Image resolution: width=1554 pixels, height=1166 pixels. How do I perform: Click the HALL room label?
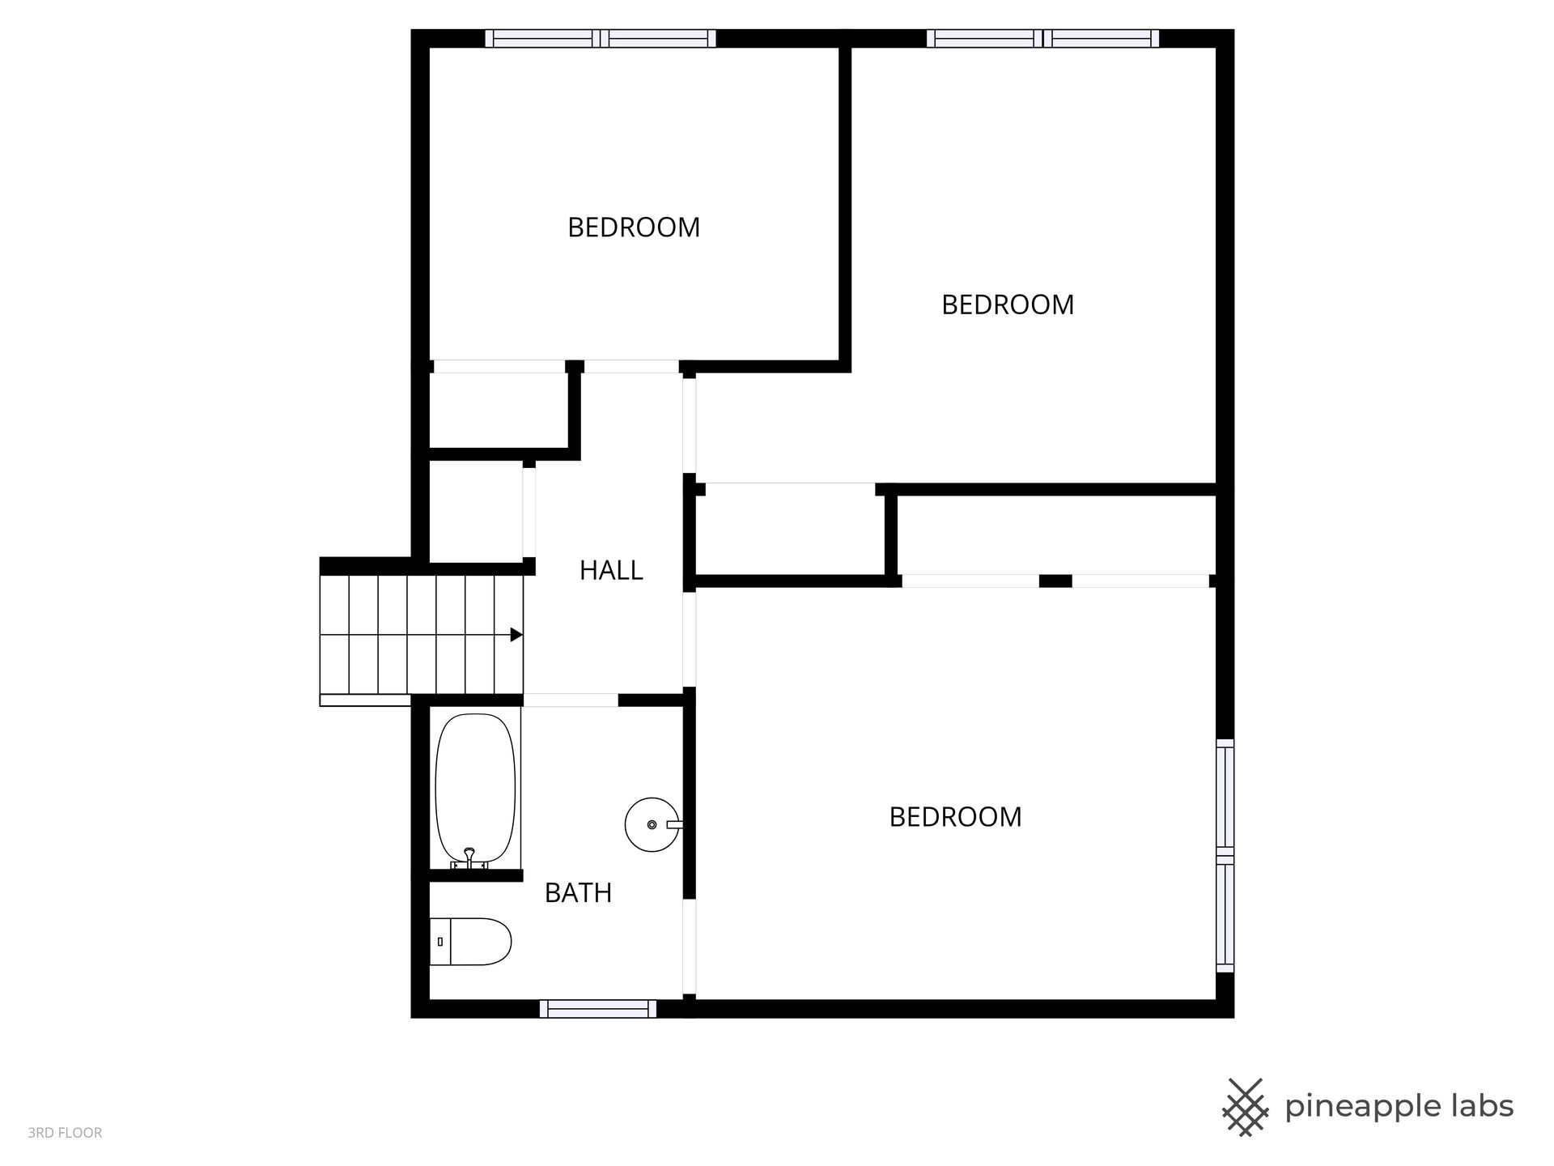611,571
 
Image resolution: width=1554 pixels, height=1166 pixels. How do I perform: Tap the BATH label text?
578,893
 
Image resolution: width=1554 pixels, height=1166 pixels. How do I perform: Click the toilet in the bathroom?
470,942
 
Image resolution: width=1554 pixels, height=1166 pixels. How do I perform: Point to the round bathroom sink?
652,824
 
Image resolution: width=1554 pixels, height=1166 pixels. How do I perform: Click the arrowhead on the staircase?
516,635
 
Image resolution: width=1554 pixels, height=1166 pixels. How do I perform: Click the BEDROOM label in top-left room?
634,228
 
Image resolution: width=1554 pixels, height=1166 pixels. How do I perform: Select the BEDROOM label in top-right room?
1008,304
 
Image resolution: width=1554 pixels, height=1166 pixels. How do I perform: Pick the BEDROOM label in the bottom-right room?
955,817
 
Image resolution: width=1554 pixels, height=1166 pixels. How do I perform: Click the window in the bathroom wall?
598,1009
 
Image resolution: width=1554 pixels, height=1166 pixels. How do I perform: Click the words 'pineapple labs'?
1399,1107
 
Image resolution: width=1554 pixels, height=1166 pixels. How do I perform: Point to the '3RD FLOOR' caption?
65,1133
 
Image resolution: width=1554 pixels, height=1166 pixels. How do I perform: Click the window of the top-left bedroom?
601,38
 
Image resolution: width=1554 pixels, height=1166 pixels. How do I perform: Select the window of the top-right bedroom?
1042,38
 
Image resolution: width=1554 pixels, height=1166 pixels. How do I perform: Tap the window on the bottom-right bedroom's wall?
1225,855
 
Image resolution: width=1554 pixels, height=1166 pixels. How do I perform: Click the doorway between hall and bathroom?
571,700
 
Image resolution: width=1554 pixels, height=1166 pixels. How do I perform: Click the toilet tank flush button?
439,942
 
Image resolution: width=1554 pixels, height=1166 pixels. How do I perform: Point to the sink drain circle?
652,825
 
